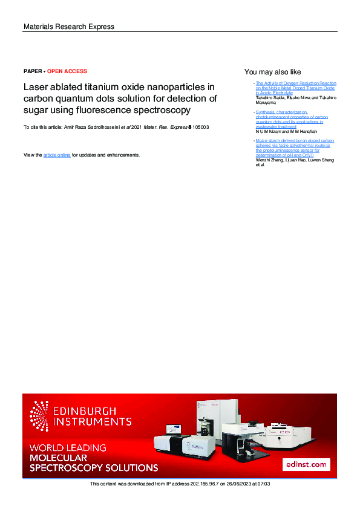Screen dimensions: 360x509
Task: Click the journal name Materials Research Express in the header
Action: click(x=68, y=27)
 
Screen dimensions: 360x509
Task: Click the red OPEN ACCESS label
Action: click(x=67, y=71)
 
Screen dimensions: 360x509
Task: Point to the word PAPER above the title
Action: click(x=33, y=71)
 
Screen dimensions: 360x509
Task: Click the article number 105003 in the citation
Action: click(x=201, y=128)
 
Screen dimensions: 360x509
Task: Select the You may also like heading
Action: click(x=272, y=71)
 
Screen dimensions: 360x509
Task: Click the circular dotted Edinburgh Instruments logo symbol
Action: click(x=39, y=416)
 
